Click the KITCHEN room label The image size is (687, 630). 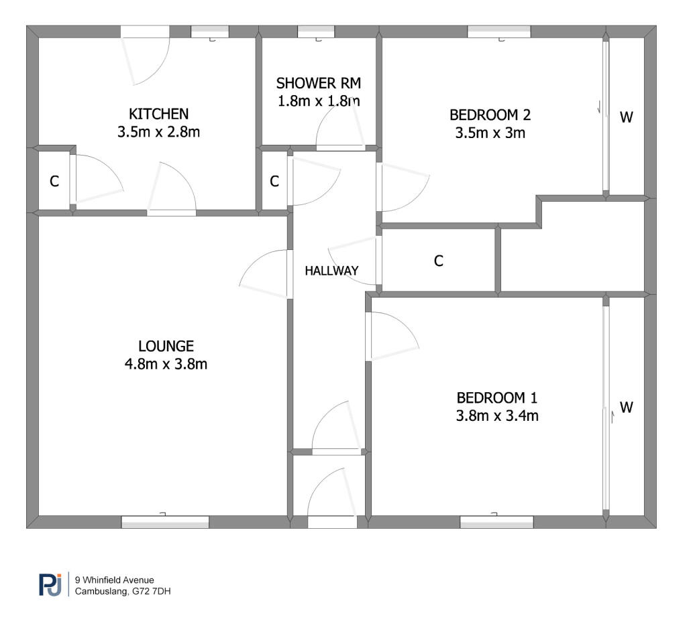pos(158,114)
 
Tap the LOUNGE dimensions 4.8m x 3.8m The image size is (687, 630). pos(166,364)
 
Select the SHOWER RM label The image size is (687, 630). pos(319,82)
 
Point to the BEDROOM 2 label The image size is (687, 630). pos(490,115)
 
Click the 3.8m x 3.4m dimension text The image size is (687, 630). pos(497,415)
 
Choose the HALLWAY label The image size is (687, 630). pos(331,271)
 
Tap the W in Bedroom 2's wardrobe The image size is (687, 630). pos(627,117)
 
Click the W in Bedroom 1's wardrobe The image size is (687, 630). pos(627,407)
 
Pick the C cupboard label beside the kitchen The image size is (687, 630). pos(54,181)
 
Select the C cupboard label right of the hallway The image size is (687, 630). pos(439,261)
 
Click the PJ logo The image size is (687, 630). pos(50,584)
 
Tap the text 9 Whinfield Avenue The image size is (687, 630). pos(114,580)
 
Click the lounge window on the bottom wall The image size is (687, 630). pos(165,521)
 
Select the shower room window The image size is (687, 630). pos(316,32)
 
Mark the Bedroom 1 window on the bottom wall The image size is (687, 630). pos(496,521)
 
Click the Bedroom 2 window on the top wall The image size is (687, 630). pos(499,32)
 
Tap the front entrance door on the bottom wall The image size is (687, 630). pos(332,522)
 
